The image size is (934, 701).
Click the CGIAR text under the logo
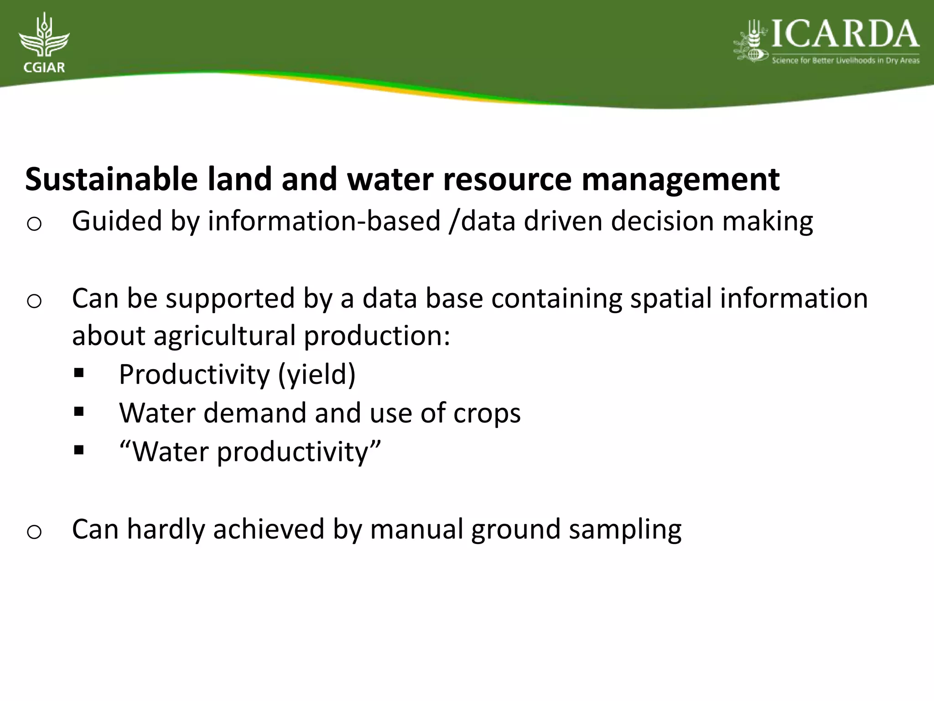(x=44, y=68)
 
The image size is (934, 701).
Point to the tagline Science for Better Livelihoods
(x=845, y=61)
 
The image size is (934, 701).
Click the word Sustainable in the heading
(x=111, y=179)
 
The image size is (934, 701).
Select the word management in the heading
(x=680, y=179)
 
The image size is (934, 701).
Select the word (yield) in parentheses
(x=317, y=375)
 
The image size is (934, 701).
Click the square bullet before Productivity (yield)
(x=79, y=374)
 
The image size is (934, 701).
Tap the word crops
(x=487, y=413)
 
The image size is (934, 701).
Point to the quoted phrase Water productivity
(x=249, y=452)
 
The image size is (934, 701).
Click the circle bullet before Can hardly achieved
(x=34, y=532)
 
